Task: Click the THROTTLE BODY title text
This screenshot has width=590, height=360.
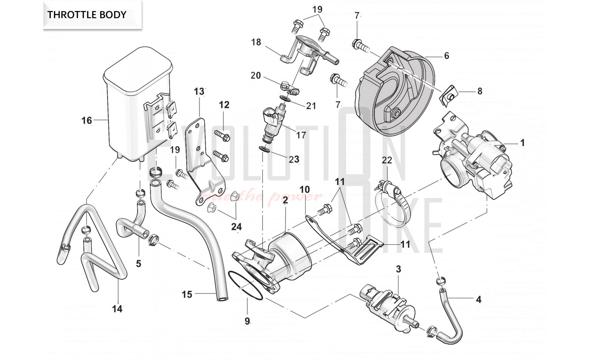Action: [87, 14]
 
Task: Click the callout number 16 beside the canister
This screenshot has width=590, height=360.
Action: [87, 120]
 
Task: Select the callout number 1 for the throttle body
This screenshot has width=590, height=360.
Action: [522, 143]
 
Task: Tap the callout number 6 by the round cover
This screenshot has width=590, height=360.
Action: [446, 56]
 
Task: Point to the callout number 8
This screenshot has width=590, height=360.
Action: [480, 91]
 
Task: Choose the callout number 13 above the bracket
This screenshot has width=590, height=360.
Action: [199, 91]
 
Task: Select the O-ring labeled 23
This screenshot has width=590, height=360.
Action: [265, 149]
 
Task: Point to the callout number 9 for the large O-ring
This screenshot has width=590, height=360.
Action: [247, 321]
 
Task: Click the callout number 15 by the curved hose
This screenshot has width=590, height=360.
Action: [187, 294]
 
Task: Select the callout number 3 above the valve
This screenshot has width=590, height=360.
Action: [398, 269]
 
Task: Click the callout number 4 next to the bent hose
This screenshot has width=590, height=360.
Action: [478, 300]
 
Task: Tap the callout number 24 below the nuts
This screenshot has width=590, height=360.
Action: [236, 227]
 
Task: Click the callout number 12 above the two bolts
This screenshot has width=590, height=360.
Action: [224, 105]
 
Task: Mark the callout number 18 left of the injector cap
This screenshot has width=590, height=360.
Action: [256, 42]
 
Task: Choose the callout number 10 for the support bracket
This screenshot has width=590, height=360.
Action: [305, 189]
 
